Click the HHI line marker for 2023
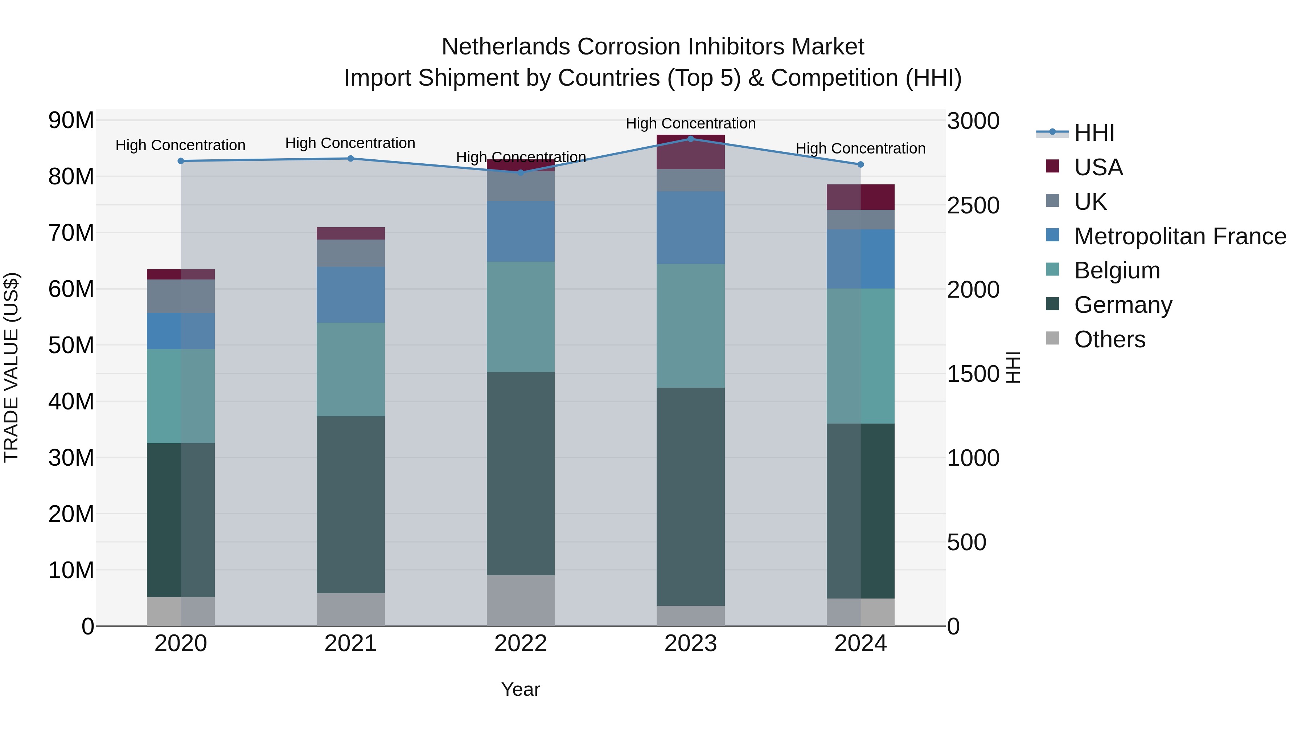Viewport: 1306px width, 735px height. click(x=690, y=139)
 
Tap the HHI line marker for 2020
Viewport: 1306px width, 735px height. click(x=181, y=161)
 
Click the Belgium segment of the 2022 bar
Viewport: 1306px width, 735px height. click(x=520, y=317)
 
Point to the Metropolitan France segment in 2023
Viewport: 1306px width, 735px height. click(x=690, y=227)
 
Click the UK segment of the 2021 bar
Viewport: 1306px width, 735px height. click(x=350, y=253)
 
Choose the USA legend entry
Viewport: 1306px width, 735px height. click(x=1098, y=167)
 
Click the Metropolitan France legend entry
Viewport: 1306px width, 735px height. click(x=1180, y=236)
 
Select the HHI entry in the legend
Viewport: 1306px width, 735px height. click(x=1094, y=133)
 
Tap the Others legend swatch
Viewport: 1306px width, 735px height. click(x=1052, y=338)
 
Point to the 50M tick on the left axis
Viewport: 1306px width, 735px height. click(x=71, y=346)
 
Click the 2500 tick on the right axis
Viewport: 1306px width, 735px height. click(x=973, y=205)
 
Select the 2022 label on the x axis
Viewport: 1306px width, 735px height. click(x=520, y=644)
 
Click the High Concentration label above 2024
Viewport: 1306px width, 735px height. click(x=861, y=148)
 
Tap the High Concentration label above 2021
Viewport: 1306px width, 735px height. click(x=350, y=143)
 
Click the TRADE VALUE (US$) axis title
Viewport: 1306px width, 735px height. click(x=11, y=367)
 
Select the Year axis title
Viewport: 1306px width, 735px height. click(x=520, y=689)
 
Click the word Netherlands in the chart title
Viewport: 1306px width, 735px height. click(x=506, y=47)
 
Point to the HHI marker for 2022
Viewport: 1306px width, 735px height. click(x=520, y=172)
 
